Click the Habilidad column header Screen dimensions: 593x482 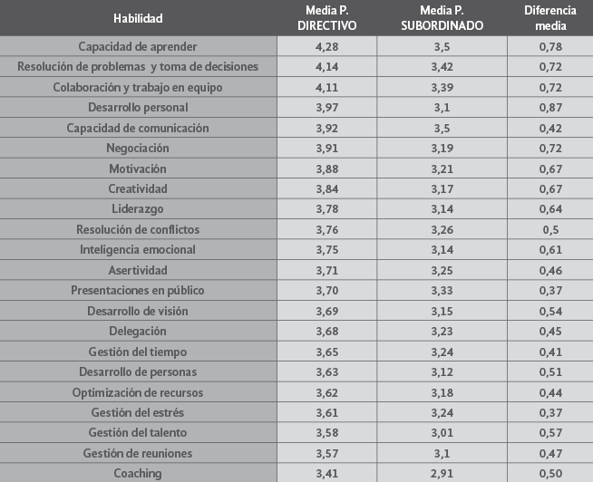[138, 17]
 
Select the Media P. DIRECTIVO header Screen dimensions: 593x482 [327, 17]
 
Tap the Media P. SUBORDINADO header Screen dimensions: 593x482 [442, 17]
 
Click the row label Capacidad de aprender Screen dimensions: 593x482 [138, 46]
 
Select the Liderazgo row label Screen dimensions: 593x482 [138, 208]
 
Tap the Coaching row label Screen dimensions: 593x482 [138, 473]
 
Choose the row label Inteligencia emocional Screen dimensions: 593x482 [138, 249]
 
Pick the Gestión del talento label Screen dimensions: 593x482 [138, 432]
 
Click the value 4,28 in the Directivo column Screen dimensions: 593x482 [327, 46]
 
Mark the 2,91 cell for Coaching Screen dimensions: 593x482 [442, 473]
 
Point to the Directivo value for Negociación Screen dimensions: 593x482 [327, 148]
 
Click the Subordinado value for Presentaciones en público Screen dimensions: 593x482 [442, 290]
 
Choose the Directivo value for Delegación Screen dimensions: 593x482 [327, 331]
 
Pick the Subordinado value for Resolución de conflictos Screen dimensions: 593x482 [442, 229]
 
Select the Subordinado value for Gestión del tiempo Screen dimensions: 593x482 [442, 351]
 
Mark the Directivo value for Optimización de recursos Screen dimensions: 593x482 [327, 391]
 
